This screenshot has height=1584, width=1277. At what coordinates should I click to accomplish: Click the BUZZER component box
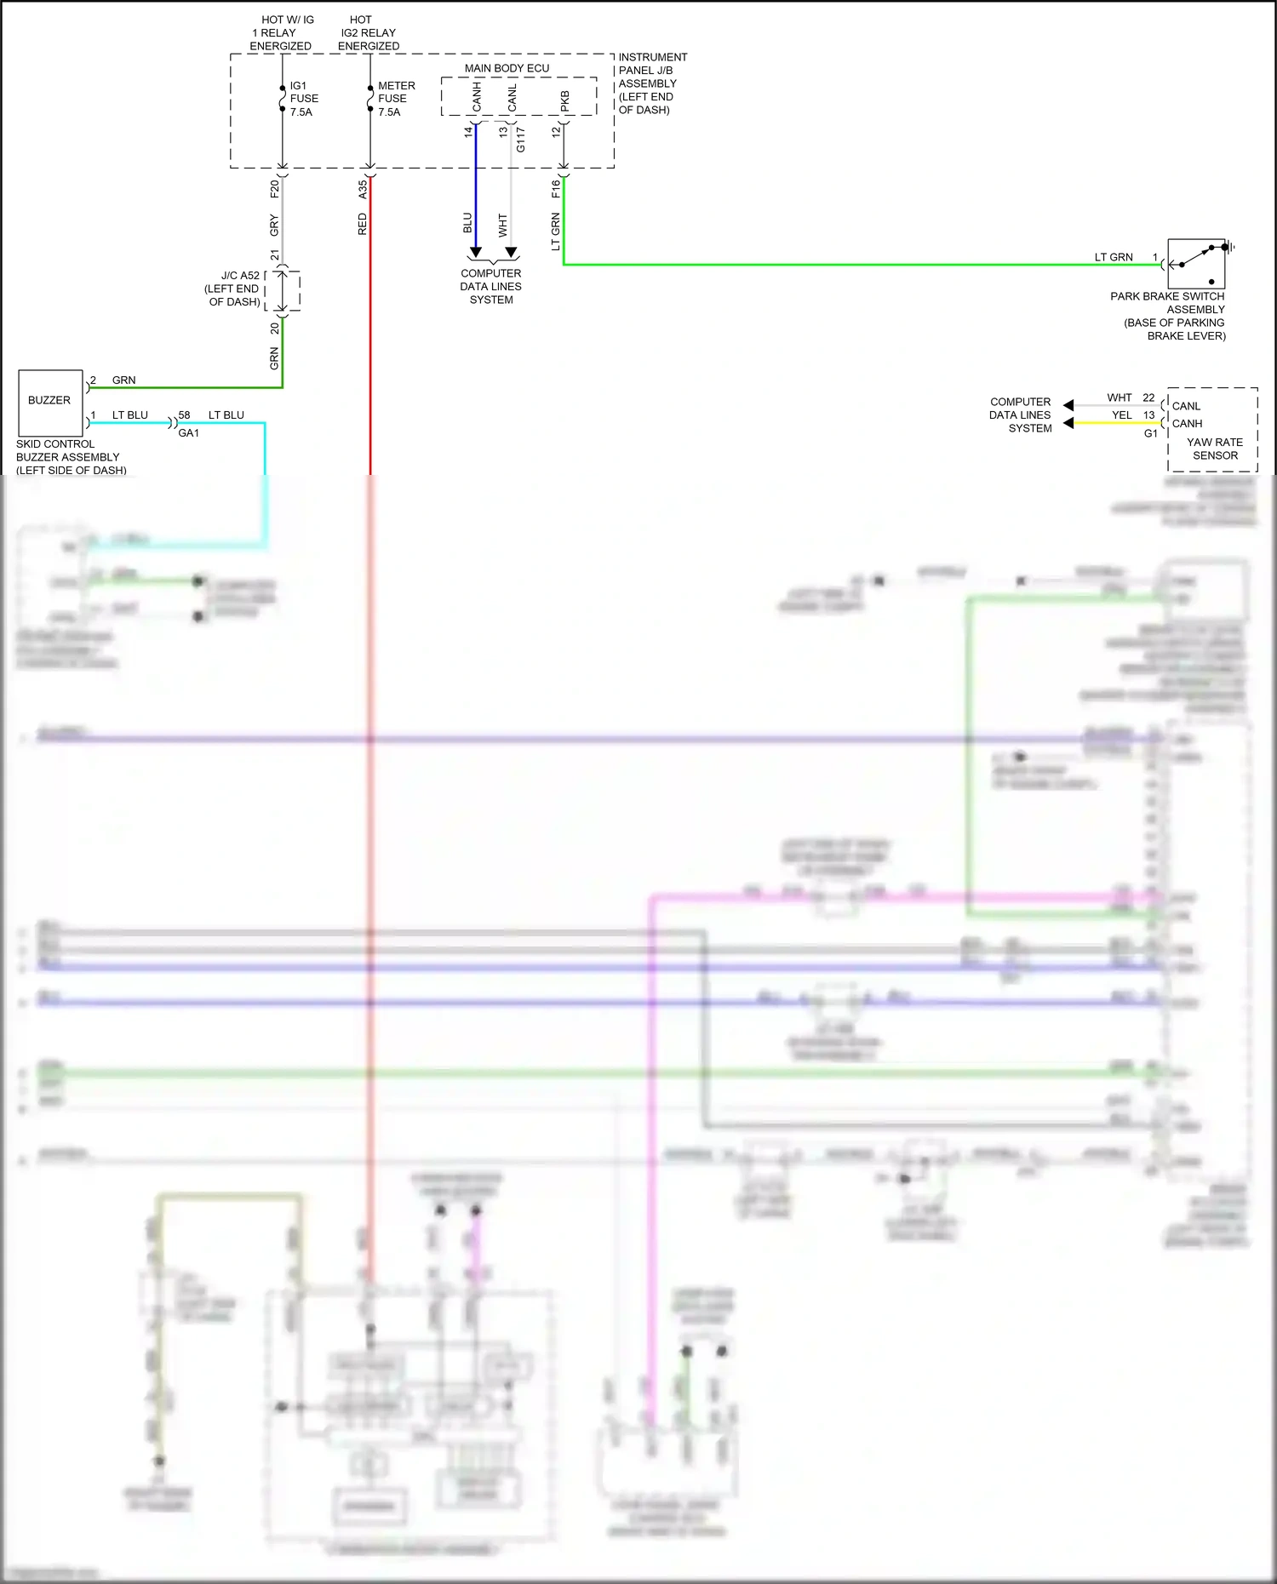coord(50,403)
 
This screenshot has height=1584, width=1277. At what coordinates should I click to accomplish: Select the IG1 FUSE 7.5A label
coord(304,99)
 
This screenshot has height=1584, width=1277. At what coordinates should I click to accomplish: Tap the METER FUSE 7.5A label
coord(396,99)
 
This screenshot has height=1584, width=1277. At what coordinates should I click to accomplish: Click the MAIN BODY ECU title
coord(507,68)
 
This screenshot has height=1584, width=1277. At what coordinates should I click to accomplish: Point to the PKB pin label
coord(564,101)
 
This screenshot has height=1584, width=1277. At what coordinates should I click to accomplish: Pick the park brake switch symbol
coord(1196,265)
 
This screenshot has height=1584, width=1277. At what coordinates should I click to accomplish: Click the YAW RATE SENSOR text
coord(1215,449)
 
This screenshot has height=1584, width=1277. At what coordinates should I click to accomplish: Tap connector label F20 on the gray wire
coord(275,189)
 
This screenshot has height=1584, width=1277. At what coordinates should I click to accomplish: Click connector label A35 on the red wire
coord(363,189)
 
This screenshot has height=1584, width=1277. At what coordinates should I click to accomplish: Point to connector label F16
coord(556,189)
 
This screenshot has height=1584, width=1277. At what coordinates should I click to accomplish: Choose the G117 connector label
coord(520,140)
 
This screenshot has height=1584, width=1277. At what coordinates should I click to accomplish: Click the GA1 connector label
coord(188,433)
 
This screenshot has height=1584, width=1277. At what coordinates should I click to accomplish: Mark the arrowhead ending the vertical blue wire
coord(476,253)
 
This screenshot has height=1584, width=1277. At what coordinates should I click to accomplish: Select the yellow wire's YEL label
coord(1122,415)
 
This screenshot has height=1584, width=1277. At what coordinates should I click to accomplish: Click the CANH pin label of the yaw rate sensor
coord(1187,424)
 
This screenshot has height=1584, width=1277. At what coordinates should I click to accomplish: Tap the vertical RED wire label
coord(363,225)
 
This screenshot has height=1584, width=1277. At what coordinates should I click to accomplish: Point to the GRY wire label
coord(274,226)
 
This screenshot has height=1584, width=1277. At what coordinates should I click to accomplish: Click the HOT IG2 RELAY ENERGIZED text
coord(368,32)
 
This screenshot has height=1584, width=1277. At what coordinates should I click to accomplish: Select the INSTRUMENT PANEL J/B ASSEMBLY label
coord(652,83)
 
